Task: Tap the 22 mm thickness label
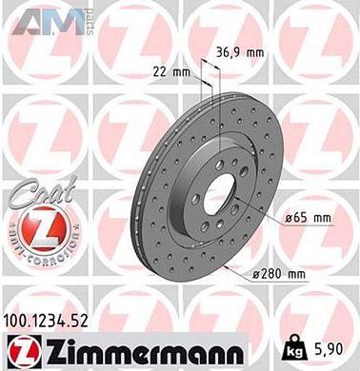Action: pyautogui.click(x=165, y=71)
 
